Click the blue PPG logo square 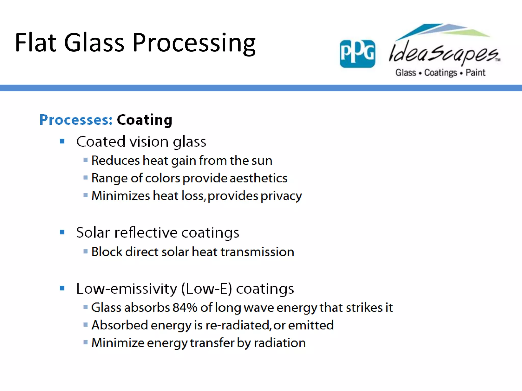[357, 54]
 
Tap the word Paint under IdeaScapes [475, 73]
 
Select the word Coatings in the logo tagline [440, 73]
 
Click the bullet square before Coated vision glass [62, 141]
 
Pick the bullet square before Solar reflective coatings [62, 232]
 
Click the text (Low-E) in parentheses [207, 289]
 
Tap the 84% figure [185, 308]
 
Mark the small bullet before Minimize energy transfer [86, 342]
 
